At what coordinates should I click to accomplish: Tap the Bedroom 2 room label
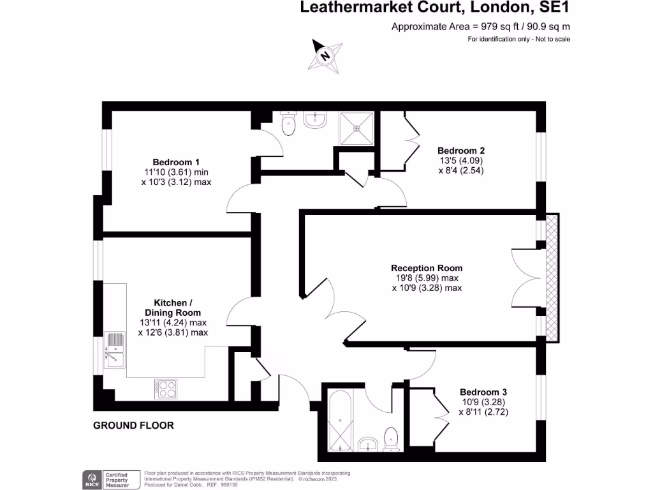pos(461,151)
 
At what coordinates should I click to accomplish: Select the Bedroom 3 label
pos(483,392)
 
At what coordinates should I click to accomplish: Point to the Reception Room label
pos(427,268)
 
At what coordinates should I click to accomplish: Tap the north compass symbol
pos(325,56)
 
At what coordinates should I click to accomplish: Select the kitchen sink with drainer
pos(115,350)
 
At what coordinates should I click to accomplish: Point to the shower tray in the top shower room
pos(357,128)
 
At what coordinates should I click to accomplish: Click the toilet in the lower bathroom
pos(392,439)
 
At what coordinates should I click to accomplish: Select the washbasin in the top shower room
pos(314,119)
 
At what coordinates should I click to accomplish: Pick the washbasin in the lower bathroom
pos(369,444)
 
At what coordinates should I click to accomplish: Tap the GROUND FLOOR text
pos(133,425)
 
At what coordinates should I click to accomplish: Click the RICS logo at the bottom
pos(91,479)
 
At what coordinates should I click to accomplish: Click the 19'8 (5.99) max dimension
pos(426,278)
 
